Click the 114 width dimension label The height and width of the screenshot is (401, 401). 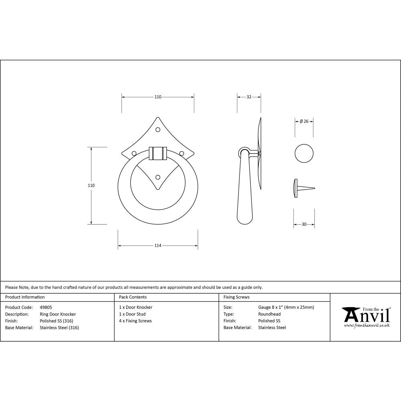click(x=158, y=245)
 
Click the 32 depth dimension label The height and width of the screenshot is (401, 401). click(x=249, y=97)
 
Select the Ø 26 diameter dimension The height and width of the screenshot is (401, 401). click(x=304, y=122)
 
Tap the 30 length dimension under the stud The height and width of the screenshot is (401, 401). click(x=304, y=225)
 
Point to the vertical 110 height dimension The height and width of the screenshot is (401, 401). click(x=91, y=186)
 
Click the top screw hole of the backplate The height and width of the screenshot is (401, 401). click(x=158, y=130)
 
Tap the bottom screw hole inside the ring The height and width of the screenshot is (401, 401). click(x=158, y=177)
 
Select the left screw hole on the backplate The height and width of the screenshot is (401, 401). click(x=134, y=153)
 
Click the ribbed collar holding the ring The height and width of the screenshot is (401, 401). click(x=158, y=153)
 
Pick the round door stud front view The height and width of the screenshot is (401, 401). click(x=304, y=153)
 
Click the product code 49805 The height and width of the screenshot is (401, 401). click(x=46, y=307)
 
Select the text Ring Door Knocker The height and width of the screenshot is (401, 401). click(x=58, y=314)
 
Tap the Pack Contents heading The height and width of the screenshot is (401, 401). click(x=133, y=297)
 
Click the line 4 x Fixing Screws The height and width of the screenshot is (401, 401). click(x=136, y=321)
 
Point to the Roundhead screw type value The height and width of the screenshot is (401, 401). click(x=269, y=314)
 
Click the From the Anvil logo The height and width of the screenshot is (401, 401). click(x=366, y=317)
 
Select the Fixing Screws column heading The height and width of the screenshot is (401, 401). click(x=236, y=297)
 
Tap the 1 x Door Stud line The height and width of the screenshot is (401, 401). click(x=132, y=314)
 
